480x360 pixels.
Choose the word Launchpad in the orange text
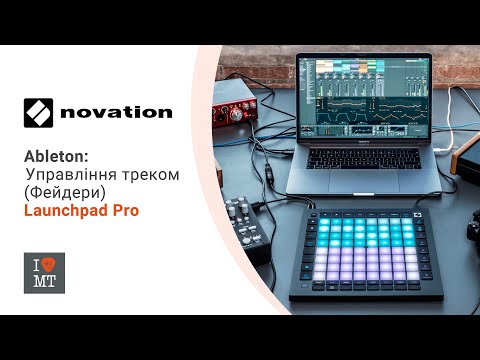tap(65, 212)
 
